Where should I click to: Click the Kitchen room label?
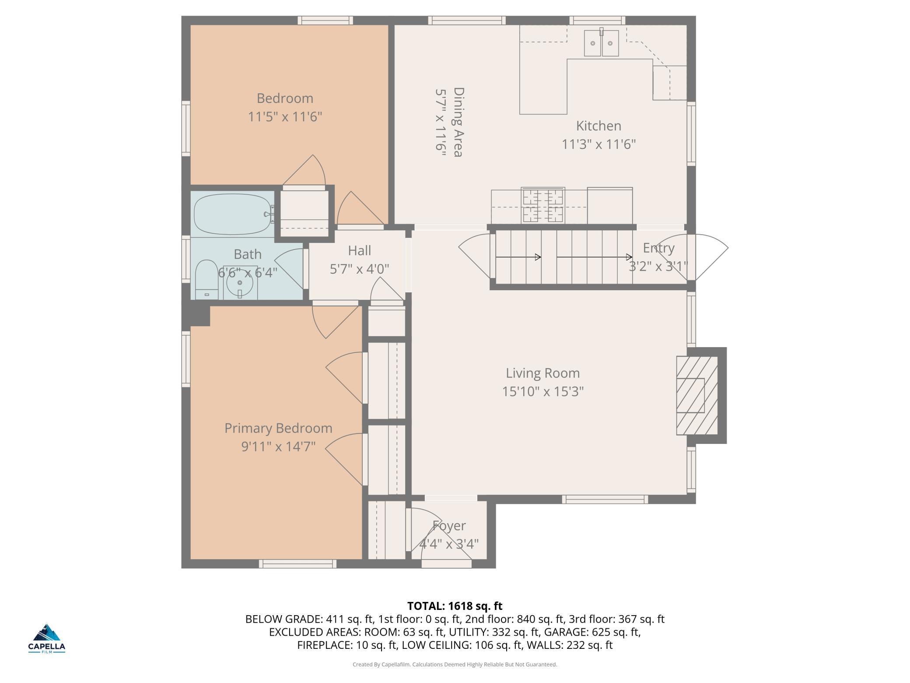coord(598,126)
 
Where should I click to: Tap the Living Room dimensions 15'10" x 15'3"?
coord(543,391)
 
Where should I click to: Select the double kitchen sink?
coord(602,43)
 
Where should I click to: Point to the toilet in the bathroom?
coord(206,280)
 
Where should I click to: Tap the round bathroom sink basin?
coord(240,282)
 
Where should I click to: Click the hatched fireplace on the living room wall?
coord(697,395)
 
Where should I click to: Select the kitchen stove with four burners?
coord(543,205)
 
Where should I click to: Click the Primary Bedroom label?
coord(278,428)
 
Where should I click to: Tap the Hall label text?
coord(360,250)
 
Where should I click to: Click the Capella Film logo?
coord(47,638)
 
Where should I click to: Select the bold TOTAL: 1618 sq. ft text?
coord(455,606)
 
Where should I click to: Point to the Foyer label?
coord(449,526)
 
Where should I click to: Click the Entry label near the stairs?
coord(658,248)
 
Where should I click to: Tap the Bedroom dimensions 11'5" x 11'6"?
coord(285,117)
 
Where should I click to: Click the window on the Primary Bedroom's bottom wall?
coord(298,564)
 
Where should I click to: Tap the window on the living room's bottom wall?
coord(605,499)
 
